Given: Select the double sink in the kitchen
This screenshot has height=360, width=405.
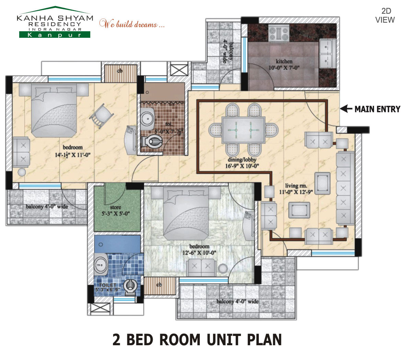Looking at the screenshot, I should pos(327,53).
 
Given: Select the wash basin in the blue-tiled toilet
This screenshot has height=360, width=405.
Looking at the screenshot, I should pos(100,263).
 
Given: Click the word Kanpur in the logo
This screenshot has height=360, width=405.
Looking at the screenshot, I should pos(54,35).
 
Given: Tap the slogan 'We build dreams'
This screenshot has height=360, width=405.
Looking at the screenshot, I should pos(132,24).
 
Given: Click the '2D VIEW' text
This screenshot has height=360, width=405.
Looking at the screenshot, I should pos(385,16).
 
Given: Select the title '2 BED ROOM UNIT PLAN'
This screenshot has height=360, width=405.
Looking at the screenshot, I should pos(197,339).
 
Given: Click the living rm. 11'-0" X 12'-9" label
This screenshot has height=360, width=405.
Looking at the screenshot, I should pos(296,189).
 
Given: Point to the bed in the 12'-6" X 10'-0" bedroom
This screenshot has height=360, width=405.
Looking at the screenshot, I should pos(185,213).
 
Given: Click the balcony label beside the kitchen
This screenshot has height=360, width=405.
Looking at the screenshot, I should pos(228,52).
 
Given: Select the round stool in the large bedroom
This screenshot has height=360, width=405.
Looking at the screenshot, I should pos(22,172).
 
